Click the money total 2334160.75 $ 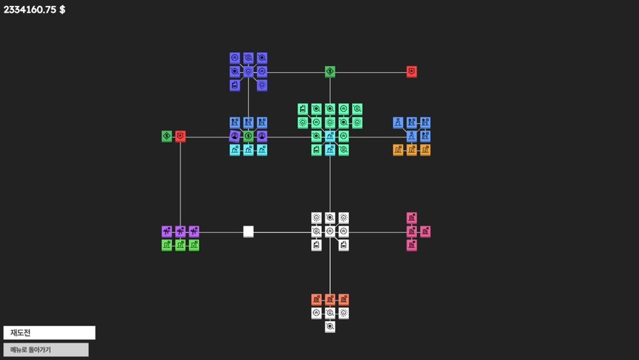pos(35,10)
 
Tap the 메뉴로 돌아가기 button pos(46,349)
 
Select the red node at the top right pos(412,71)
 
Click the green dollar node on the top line pos(330,71)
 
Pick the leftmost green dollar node pos(167,136)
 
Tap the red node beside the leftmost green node pos(180,136)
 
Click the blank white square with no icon pos(248,231)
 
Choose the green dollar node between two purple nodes pos(248,136)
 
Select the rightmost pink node pos(425,231)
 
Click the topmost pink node pos(412,218)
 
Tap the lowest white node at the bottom pos(330,327)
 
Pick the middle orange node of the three pos(412,150)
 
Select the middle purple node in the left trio pos(180,231)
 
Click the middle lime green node pos(180,245)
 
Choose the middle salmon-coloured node pos(330,299)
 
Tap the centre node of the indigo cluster pos(248,71)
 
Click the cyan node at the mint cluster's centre pos(330,136)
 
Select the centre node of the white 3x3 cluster pos(330,231)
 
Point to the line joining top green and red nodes pos(371,72)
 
